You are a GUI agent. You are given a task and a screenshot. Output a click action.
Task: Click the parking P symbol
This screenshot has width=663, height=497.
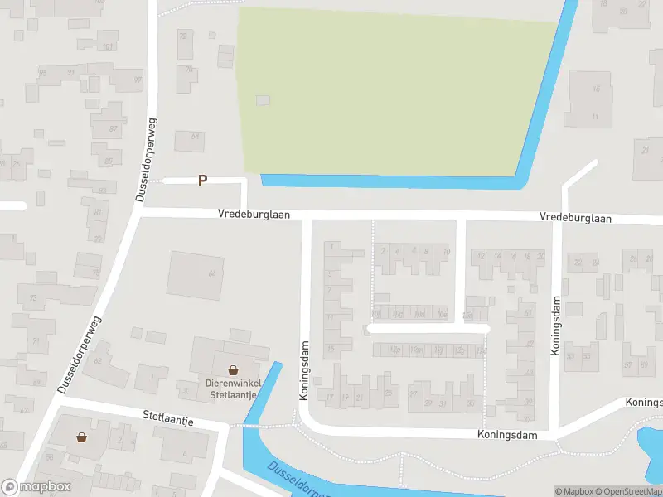point(202,180)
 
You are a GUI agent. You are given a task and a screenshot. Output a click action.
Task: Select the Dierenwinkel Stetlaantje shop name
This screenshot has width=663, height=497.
point(233,388)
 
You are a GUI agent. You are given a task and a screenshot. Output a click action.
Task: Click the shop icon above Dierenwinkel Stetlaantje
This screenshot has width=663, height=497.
point(234,369)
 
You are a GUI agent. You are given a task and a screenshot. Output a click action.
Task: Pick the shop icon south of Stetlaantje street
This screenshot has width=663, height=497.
point(82,437)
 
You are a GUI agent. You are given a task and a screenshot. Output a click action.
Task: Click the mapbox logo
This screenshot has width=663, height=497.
point(35,487)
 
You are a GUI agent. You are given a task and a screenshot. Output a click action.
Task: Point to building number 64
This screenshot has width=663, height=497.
point(212,273)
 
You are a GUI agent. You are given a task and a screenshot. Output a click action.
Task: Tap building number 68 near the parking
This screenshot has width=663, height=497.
point(195,137)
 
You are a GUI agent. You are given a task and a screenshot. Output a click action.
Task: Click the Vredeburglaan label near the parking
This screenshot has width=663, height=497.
point(254,214)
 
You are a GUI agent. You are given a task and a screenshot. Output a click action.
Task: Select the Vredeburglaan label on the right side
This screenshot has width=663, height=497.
point(575,218)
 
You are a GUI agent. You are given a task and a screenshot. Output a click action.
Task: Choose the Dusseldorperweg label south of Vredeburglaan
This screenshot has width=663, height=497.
point(80,354)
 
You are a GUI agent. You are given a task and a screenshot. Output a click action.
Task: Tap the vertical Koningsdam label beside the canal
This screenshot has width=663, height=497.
point(303,372)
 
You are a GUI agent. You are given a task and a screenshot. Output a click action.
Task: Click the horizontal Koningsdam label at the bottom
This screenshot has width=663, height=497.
point(507,434)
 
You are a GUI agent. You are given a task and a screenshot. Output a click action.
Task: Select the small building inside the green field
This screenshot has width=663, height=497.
point(263,100)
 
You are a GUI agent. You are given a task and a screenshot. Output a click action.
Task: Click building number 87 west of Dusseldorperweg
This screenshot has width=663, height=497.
point(114,129)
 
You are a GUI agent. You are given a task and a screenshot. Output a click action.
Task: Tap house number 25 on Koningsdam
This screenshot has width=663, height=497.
point(388,393)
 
